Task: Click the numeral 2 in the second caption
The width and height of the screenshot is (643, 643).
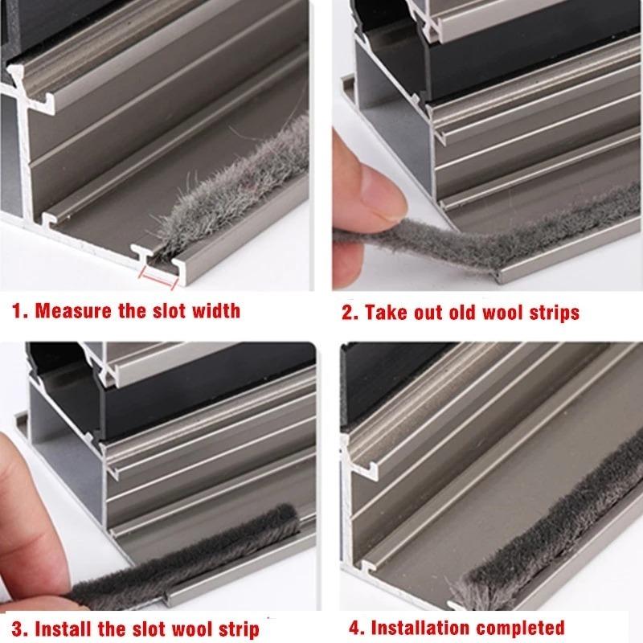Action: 347,313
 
